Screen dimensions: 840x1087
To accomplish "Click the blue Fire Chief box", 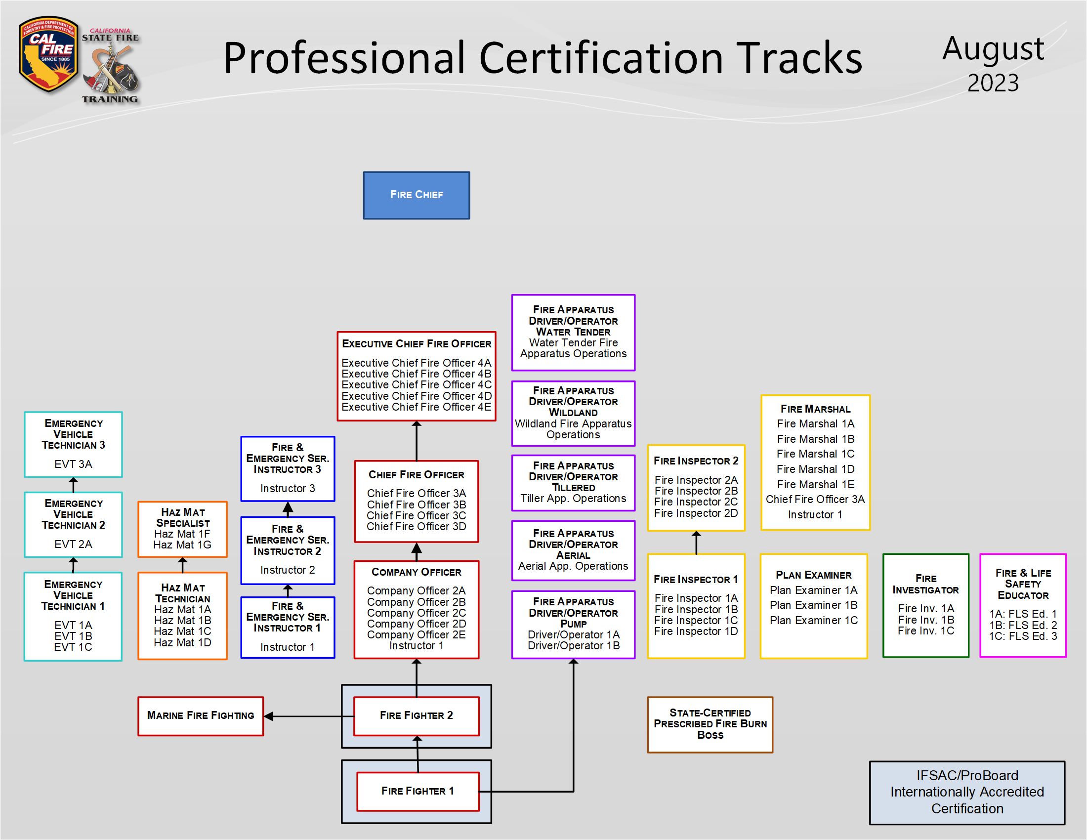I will [x=416, y=195].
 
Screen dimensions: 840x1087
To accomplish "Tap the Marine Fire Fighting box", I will [x=200, y=715].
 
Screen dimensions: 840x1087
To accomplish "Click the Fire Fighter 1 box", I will [x=418, y=791].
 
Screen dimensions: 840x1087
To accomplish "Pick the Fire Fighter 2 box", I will [x=416, y=715].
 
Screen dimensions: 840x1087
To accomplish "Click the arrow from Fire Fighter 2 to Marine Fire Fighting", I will [x=309, y=716].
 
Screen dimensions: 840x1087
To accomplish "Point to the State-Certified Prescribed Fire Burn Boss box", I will [x=710, y=724].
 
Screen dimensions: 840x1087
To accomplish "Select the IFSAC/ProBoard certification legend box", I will [x=966, y=792].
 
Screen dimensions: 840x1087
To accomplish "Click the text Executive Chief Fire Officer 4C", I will [x=416, y=384].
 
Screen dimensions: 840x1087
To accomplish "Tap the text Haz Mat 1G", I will [x=182, y=545].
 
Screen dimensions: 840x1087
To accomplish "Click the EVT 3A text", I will [x=73, y=464].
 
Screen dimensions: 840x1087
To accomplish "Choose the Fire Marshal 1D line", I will [x=815, y=469].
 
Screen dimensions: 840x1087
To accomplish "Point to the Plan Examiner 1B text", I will [x=813, y=605].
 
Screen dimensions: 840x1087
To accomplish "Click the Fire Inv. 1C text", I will [x=926, y=631].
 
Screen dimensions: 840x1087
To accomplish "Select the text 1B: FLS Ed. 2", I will [x=1023, y=625].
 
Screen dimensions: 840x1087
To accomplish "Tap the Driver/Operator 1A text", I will [x=573, y=634].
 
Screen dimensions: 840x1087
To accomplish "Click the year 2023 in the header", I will [x=993, y=83].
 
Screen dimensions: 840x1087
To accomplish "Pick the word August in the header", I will [x=993, y=49].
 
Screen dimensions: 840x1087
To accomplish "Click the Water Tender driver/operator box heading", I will [x=573, y=321].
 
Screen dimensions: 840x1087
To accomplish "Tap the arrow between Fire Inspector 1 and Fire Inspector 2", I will [x=696, y=543].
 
